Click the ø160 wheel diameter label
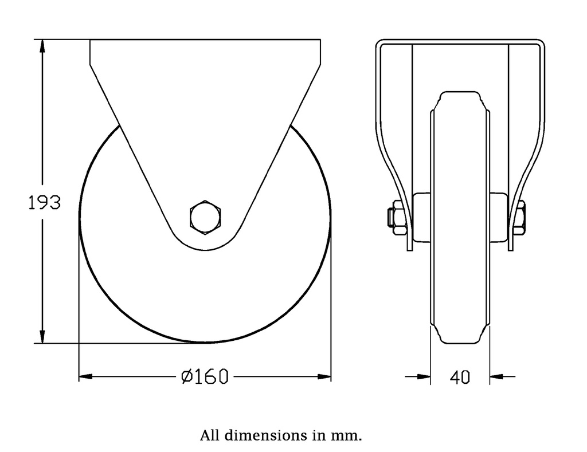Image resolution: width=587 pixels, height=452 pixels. tap(205, 376)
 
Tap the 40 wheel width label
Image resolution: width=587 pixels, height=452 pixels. tap(460, 377)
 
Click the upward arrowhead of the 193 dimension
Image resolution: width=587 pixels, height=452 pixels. tap(42, 47)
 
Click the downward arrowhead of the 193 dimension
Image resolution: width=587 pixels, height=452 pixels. tap(42, 336)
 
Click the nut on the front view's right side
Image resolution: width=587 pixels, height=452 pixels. tap(521, 218)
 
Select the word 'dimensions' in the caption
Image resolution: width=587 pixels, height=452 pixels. tap(264, 435)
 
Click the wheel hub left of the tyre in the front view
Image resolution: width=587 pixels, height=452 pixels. tap(421, 218)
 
